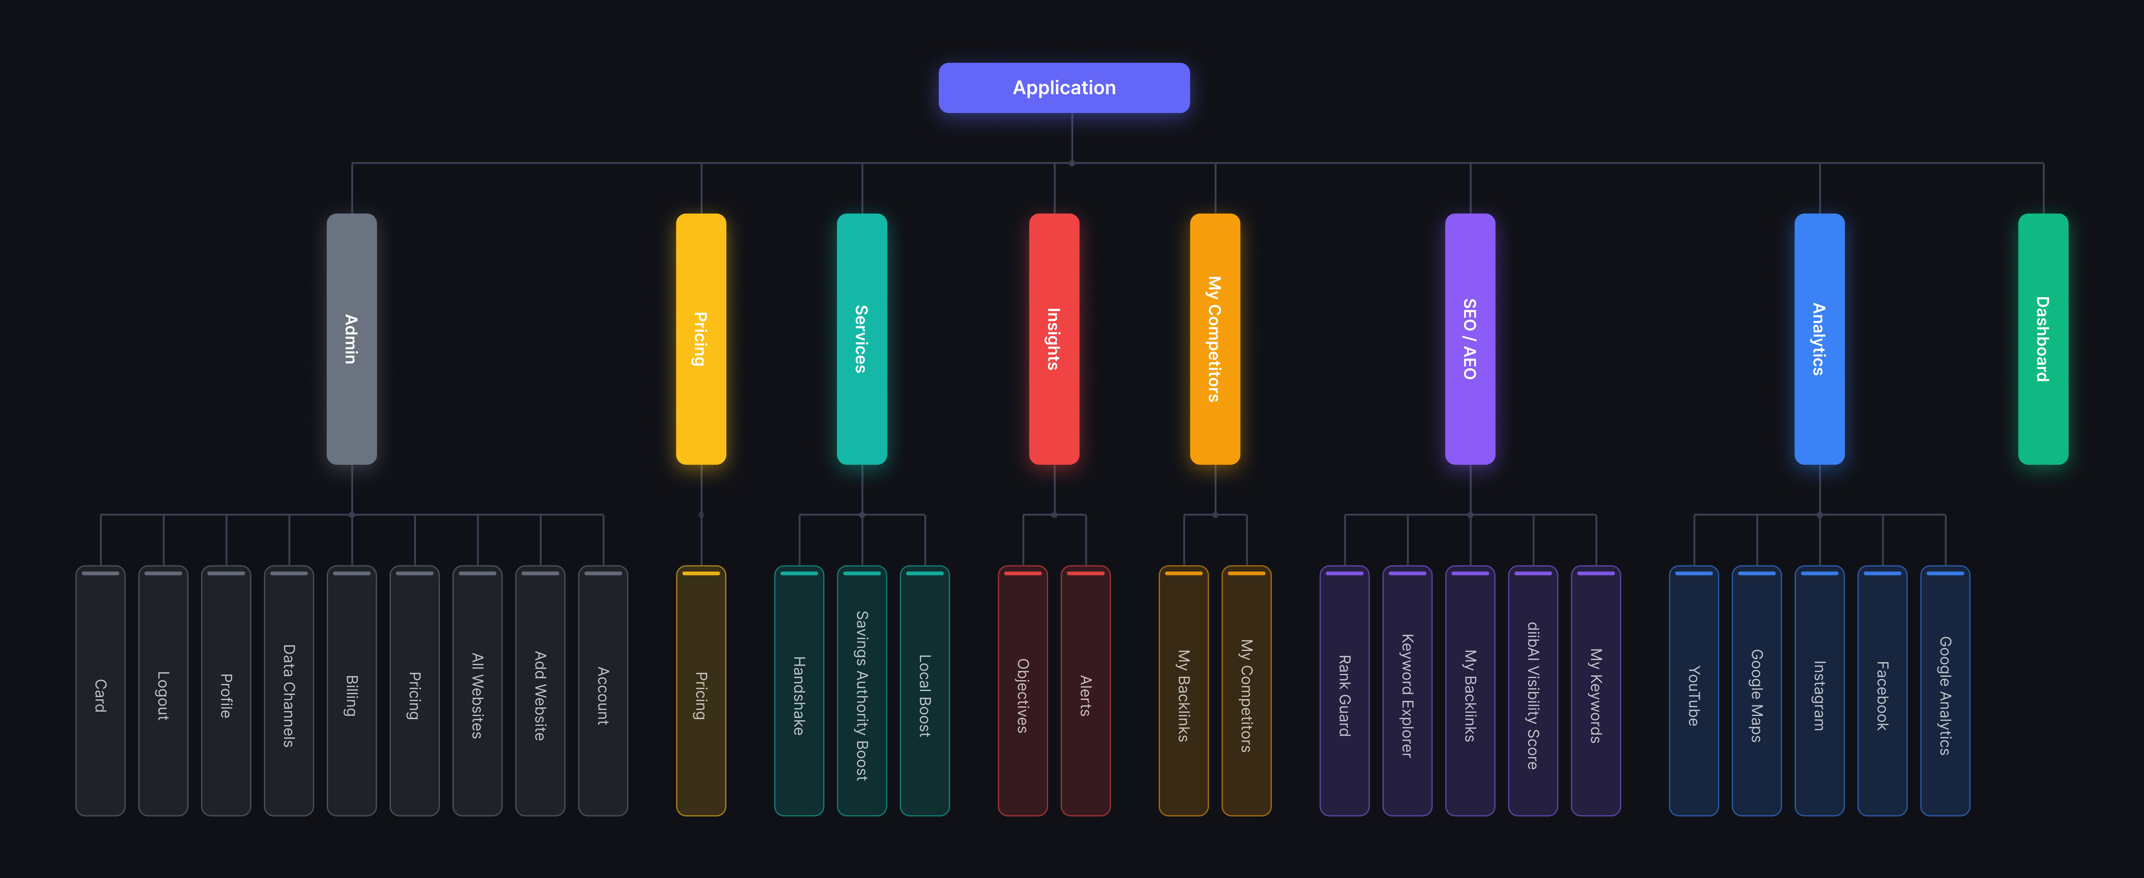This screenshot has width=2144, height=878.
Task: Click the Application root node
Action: click(x=1064, y=87)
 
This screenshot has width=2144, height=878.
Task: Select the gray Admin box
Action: click(x=351, y=339)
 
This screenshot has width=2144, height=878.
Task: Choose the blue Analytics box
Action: click(x=1819, y=339)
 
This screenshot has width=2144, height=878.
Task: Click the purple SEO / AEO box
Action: click(x=1470, y=339)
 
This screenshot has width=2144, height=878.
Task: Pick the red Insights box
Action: click(x=1054, y=339)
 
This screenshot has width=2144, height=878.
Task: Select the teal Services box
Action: click(x=861, y=339)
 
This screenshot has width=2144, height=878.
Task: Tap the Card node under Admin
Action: click(x=100, y=691)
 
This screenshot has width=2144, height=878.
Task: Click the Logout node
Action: click(x=163, y=691)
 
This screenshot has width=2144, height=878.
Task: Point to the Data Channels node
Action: click(x=289, y=691)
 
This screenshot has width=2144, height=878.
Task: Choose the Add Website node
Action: click(x=540, y=691)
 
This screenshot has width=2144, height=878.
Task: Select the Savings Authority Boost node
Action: click(x=861, y=691)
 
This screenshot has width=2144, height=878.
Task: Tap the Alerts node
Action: click(x=1085, y=691)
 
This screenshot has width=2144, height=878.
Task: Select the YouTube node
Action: click(x=1694, y=691)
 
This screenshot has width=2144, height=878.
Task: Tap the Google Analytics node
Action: click(x=1945, y=691)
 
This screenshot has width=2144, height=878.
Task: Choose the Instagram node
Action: click(x=1819, y=691)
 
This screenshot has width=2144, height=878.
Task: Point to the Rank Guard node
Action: click(x=1344, y=691)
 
